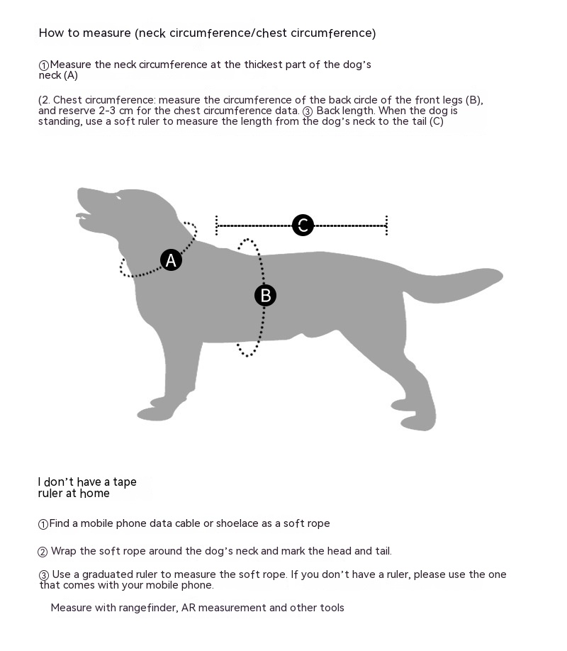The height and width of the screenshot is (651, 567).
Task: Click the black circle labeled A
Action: click(171, 260)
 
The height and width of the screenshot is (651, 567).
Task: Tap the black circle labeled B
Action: click(265, 295)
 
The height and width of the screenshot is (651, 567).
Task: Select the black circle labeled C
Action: click(303, 226)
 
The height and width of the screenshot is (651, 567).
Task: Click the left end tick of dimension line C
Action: click(216, 226)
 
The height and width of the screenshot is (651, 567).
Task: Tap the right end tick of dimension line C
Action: click(386, 226)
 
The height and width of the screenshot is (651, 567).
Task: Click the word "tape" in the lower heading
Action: click(125, 482)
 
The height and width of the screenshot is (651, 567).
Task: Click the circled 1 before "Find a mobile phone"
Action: click(43, 525)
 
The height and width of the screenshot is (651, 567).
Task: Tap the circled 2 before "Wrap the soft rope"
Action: click(43, 552)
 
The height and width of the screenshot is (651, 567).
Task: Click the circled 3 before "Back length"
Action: click(308, 111)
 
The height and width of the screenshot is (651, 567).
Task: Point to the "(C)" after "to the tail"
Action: click(435, 121)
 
